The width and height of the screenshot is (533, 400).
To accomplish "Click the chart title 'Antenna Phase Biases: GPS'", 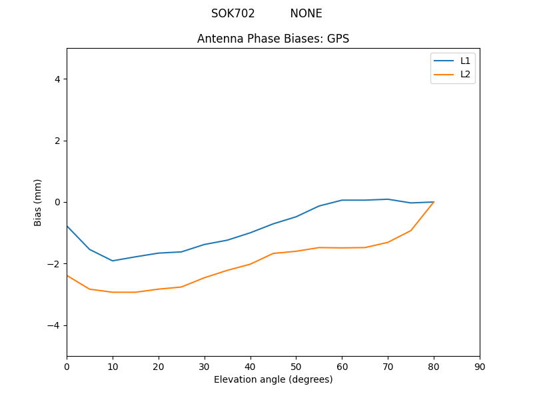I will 273,39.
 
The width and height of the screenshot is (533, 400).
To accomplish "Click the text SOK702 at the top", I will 233,13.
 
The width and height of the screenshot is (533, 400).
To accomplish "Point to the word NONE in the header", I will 306,13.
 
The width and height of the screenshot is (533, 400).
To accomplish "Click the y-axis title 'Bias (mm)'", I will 38,202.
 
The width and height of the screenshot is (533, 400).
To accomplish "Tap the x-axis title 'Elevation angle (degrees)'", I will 273,379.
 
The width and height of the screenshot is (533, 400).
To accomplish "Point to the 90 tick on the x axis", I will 480,367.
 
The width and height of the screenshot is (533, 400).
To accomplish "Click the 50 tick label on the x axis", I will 296,367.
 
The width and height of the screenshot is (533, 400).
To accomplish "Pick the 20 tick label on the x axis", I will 159,367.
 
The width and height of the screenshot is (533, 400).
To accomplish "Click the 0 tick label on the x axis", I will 67,367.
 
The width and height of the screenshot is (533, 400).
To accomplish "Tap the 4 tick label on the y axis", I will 57,79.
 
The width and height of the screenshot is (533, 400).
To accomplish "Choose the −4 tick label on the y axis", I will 54,325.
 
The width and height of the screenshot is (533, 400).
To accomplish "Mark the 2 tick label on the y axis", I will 57,141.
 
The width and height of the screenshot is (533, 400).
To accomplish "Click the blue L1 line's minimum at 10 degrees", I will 113,261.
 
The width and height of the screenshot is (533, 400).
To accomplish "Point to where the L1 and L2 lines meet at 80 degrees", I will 434,202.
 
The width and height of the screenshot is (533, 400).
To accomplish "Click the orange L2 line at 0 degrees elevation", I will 67,275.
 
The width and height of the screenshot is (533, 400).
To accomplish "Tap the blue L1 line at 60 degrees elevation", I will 342,200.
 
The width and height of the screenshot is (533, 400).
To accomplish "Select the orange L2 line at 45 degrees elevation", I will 273,253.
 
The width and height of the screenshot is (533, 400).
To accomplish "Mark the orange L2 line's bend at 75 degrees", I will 411,231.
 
